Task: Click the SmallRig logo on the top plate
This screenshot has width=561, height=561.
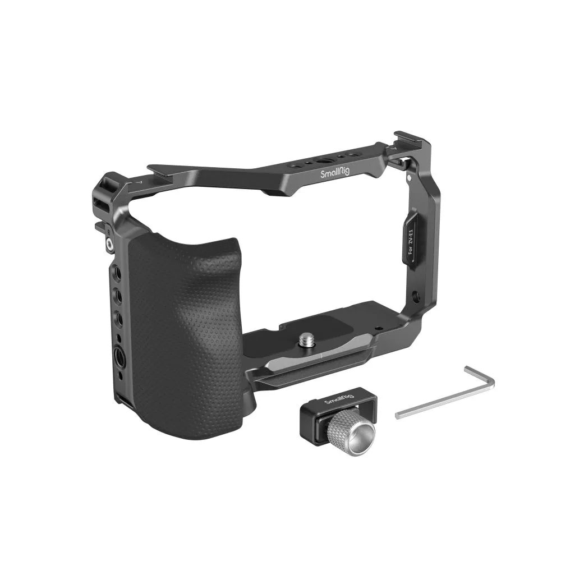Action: pyautogui.click(x=334, y=173)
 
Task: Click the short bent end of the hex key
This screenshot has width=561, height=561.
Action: pyautogui.click(x=481, y=375)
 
